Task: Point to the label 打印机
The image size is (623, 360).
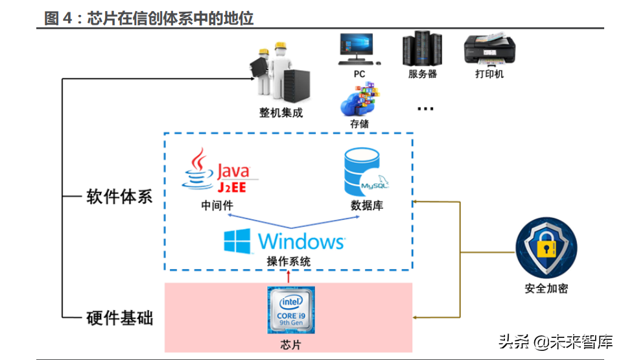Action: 489,74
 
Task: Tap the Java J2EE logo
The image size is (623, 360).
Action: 220,172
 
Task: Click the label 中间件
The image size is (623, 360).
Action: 217,206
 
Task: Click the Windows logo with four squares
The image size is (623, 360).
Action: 237,241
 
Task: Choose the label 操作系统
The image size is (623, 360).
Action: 288,262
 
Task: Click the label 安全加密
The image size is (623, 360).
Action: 546,289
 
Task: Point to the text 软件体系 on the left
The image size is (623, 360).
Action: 119,197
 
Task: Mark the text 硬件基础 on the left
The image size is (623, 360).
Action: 119,318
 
